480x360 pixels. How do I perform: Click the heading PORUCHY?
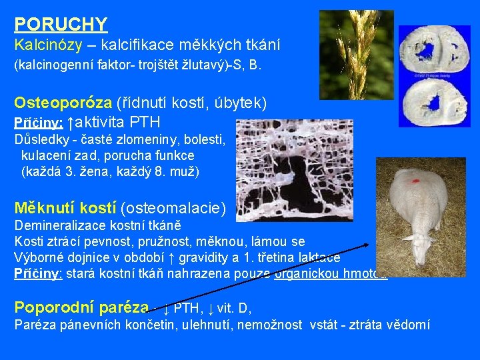pyautogui.click(x=61, y=25)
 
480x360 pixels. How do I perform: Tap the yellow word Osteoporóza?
pyautogui.click(x=63, y=103)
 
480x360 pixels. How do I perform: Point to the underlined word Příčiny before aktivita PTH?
pyautogui.click(x=39, y=123)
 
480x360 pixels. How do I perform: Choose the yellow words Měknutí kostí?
pyautogui.click(x=65, y=209)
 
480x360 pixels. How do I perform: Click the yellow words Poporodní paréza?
pyautogui.click(x=81, y=307)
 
